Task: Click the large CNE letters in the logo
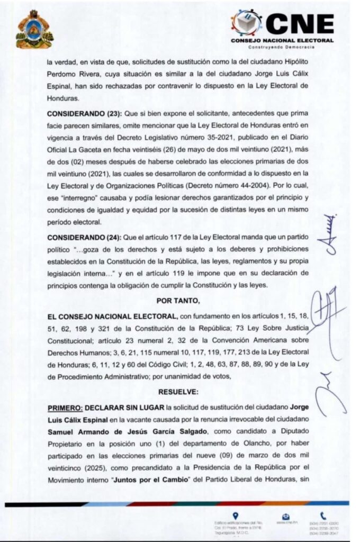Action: (x=300, y=24)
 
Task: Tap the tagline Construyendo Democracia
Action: (x=286, y=47)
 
